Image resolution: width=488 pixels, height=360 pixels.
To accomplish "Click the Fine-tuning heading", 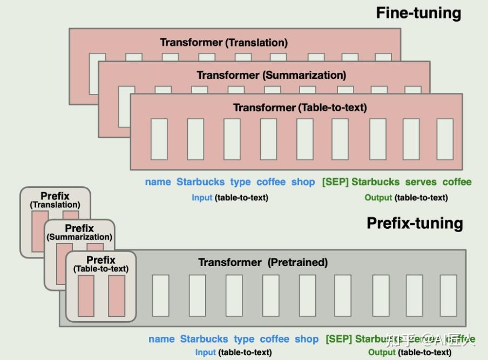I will click(x=418, y=13).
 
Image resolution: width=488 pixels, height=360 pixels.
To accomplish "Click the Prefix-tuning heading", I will click(x=415, y=223).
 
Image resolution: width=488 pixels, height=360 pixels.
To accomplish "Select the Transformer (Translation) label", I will click(x=223, y=42).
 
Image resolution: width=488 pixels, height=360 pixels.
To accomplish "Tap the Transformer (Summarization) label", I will click(x=271, y=75).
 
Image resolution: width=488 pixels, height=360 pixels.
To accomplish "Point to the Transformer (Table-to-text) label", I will click(x=300, y=107).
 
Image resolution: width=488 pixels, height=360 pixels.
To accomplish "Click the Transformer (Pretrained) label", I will click(x=263, y=262).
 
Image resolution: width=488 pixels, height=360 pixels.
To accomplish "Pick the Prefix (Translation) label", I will click(x=55, y=200).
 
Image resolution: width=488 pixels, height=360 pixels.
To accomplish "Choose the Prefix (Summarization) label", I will click(x=79, y=233).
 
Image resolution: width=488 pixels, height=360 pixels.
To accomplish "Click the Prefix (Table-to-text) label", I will click(x=101, y=264).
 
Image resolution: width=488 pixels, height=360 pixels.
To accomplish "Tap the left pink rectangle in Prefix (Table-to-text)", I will click(x=86, y=296).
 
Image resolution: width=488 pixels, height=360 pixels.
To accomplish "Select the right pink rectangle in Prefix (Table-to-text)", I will click(x=117, y=296).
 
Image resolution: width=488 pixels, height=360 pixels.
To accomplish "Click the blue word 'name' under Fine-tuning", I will click(x=158, y=182).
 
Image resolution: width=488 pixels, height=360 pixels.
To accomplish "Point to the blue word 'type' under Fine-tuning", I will click(x=240, y=182).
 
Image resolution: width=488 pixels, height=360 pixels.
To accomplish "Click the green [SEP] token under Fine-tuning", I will click(x=335, y=182).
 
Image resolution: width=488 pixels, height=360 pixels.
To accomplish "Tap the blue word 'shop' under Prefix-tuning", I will click(x=307, y=339).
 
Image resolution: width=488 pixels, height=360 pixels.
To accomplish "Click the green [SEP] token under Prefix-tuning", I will click(x=338, y=339).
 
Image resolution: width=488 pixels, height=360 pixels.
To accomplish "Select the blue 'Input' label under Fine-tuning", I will click(x=202, y=198).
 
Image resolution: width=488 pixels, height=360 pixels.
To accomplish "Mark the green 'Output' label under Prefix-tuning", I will click(x=382, y=352).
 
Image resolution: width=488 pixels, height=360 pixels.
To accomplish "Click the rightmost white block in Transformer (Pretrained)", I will click(x=448, y=296).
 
